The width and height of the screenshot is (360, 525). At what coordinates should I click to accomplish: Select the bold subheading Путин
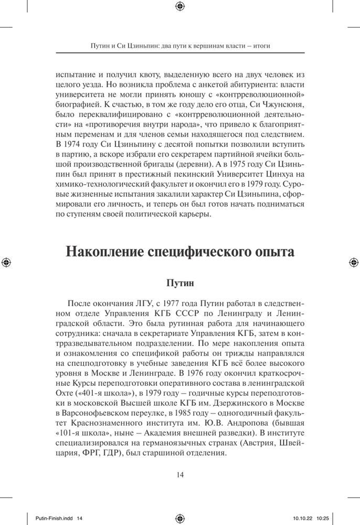tap(180, 283)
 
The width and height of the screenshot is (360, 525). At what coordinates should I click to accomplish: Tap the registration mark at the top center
tap(180, 6)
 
